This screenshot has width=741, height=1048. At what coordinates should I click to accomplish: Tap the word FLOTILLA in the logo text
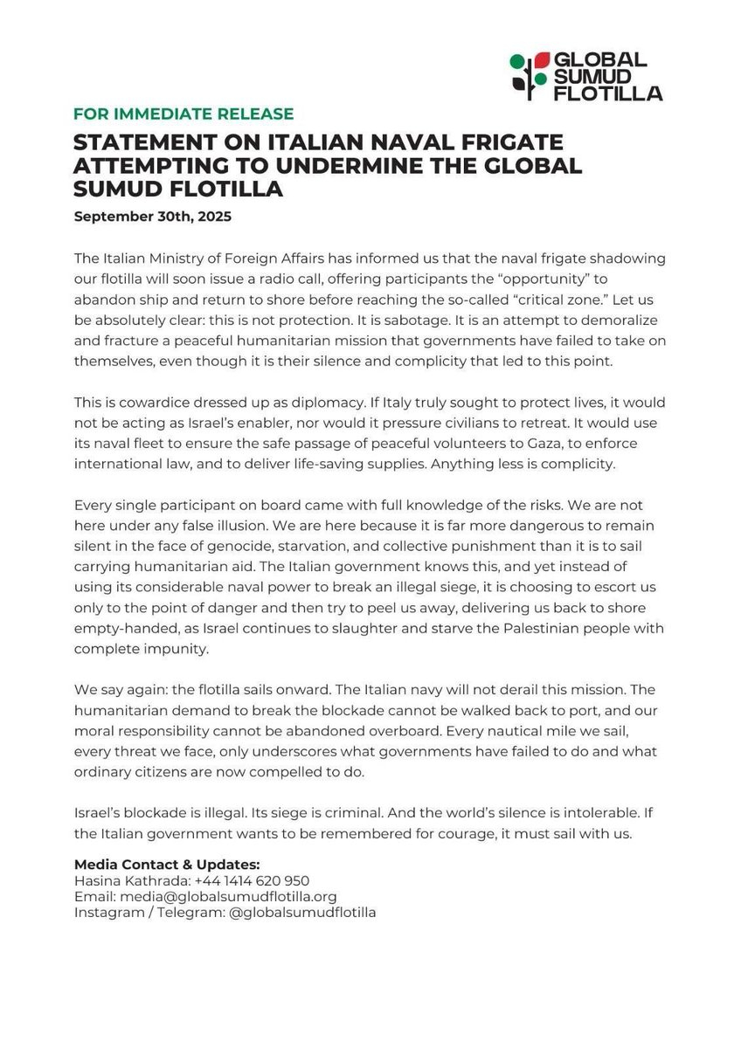tap(609, 93)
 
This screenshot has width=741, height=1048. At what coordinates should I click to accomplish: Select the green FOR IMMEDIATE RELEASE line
tap(184, 114)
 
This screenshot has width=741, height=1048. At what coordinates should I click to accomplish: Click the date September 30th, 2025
tap(153, 215)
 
